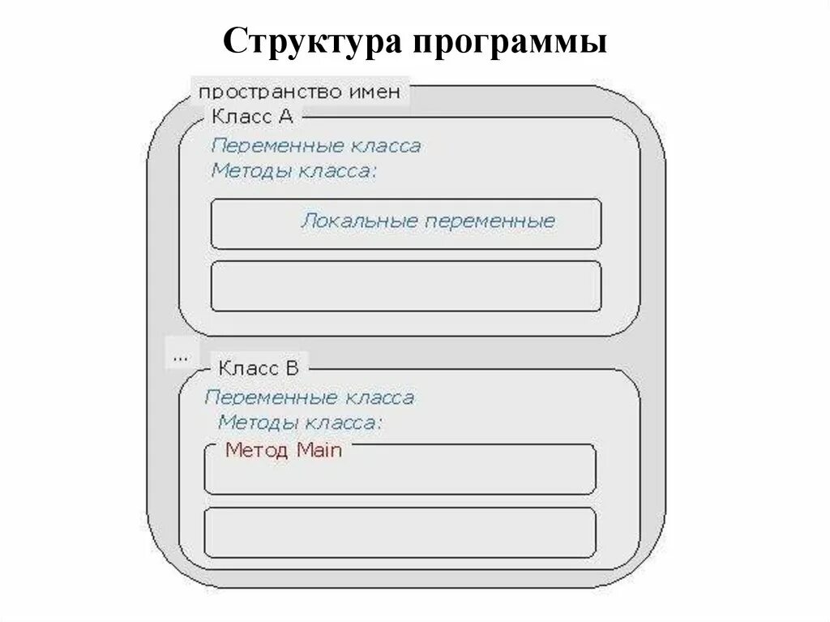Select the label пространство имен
[x=300, y=92]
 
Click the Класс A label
[x=252, y=116]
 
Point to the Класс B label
[x=259, y=368]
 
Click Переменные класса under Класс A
[x=316, y=147]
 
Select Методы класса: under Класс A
[x=294, y=171]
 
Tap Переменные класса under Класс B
[x=310, y=398]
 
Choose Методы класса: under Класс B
[x=301, y=423]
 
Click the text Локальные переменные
[x=428, y=221]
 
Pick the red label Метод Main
[x=284, y=450]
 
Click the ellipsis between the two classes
[x=179, y=354]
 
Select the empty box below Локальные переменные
[x=405, y=286]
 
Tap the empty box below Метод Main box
[x=400, y=532]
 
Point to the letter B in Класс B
[x=292, y=368]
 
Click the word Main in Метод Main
[x=319, y=450]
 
